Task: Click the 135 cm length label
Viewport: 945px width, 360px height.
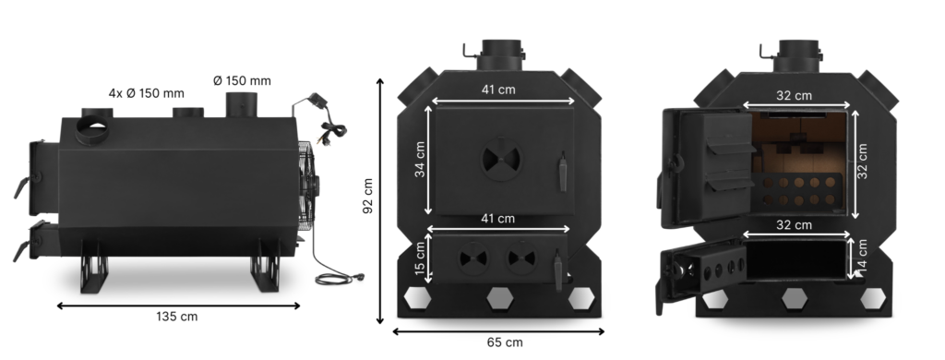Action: [x=176, y=317]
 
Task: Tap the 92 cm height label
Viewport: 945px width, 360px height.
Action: [x=367, y=196]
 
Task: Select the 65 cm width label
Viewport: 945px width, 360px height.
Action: [x=505, y=342]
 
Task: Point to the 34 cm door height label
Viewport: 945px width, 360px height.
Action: [x=420, y=159]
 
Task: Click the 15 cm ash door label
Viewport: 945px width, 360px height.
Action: [x=420, y=258]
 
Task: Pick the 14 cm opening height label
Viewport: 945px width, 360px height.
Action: [x=862, y=257]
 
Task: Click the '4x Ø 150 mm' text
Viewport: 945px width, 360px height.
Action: [x=147, y=93]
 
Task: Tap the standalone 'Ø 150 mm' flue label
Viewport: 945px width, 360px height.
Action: [x=242, y=81]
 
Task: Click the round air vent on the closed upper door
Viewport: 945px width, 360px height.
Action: [x=501, y=159]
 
